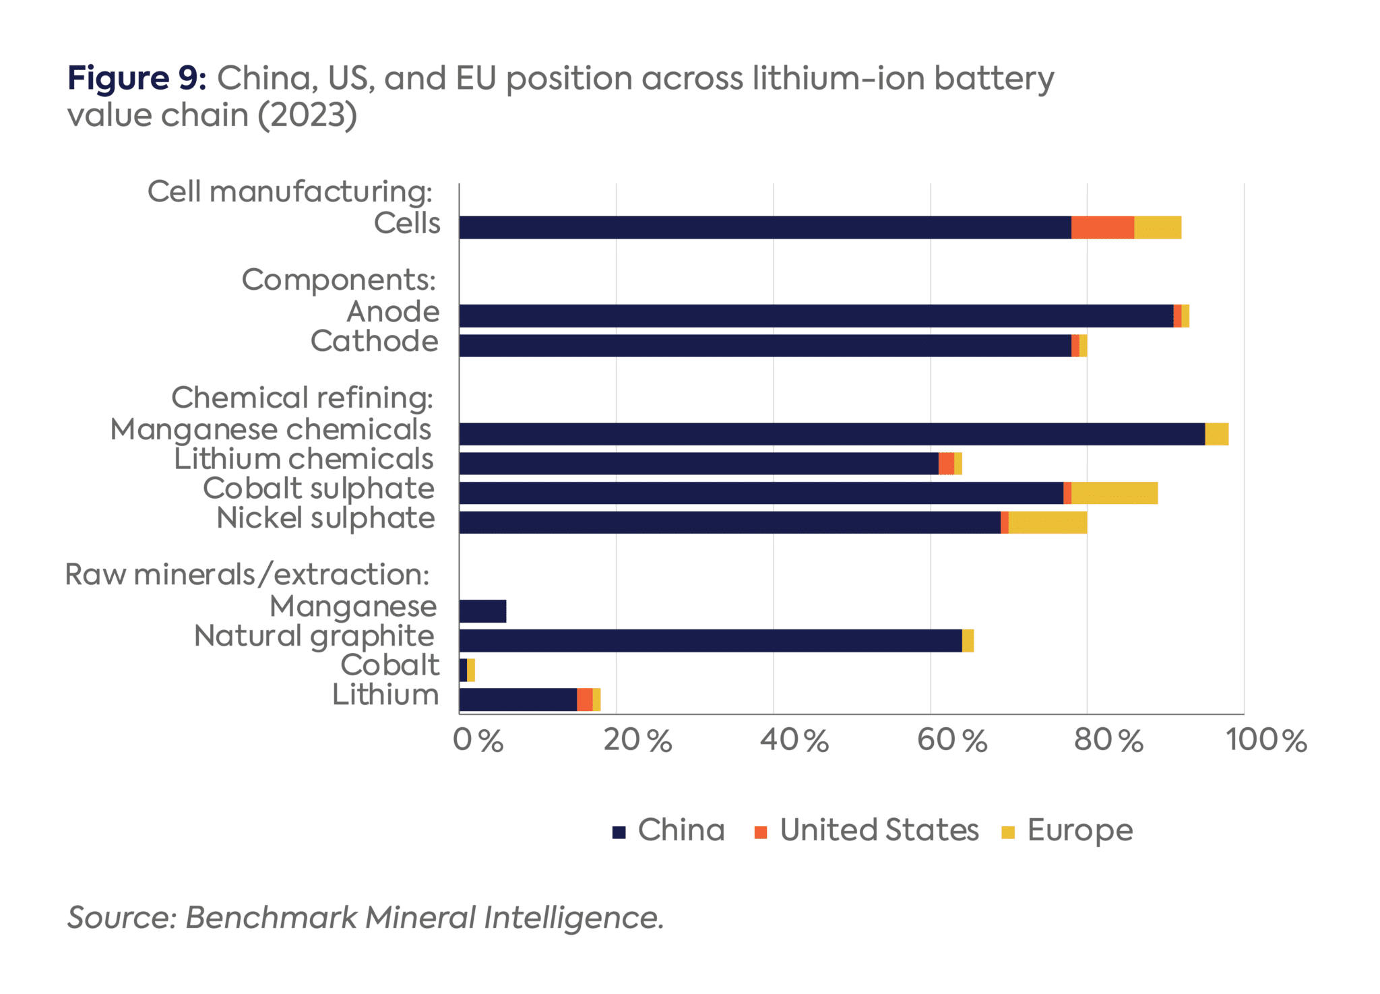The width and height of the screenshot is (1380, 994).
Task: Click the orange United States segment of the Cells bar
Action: [1102, 228]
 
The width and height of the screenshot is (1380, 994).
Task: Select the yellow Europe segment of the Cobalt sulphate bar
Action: [1114, 493]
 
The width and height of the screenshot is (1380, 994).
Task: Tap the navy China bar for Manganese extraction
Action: [482, 611]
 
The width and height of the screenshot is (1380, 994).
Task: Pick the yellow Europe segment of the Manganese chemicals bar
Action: [1216, 434]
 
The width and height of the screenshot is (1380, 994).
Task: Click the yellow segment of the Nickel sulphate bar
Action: [1047, 522]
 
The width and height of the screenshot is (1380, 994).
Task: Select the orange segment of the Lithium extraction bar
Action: [584, 700]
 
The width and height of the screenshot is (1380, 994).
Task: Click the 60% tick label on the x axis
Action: [951, 740]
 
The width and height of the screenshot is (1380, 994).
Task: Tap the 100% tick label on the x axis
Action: [1265, 740]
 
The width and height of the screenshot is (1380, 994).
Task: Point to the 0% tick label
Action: [478, 740]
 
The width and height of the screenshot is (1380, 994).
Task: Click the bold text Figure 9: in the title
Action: [137, 78]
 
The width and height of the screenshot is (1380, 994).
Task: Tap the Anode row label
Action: [393, 311]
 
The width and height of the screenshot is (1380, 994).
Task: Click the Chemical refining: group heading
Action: [302, 398]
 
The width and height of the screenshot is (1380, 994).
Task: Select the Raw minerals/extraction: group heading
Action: [247, 574]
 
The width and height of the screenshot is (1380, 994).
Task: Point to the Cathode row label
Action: [375, 341]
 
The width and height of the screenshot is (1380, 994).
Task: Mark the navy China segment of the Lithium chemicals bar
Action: [698, 464]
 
